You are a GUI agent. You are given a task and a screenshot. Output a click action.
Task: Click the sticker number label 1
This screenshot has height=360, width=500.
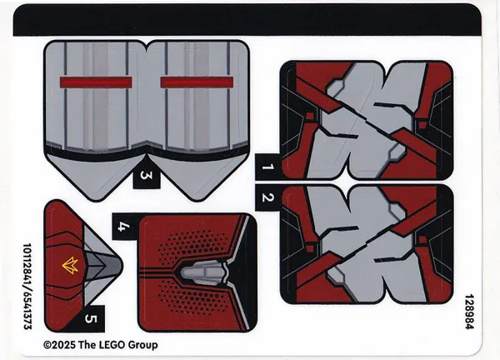click(267, 167)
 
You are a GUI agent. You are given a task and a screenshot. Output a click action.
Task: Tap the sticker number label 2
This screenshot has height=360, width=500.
click(267, 197)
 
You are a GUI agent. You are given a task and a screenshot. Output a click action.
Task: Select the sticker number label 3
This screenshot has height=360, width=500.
click(146, 176)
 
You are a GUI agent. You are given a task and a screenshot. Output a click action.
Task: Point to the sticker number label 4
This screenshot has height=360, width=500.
click(124, 227)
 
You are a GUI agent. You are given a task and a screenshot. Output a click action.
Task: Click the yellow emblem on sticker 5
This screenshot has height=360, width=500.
click(70, 265)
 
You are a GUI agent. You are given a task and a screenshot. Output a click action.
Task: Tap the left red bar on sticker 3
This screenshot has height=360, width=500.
click(96, 82)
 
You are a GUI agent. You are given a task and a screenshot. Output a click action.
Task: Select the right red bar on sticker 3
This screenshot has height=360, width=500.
click(197, 82)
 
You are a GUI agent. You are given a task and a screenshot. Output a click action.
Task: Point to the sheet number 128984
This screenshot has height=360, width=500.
click(469, 312)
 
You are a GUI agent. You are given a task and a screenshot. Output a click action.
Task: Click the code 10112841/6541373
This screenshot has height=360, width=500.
click(27, 287)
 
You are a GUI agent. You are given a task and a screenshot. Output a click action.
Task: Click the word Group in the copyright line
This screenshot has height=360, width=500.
click(143, 345)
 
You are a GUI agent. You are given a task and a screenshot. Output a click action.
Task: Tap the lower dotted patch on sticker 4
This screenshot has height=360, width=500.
click(188, 297)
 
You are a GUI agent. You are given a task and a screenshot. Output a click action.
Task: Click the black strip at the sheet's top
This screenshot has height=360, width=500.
click(247, 20)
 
